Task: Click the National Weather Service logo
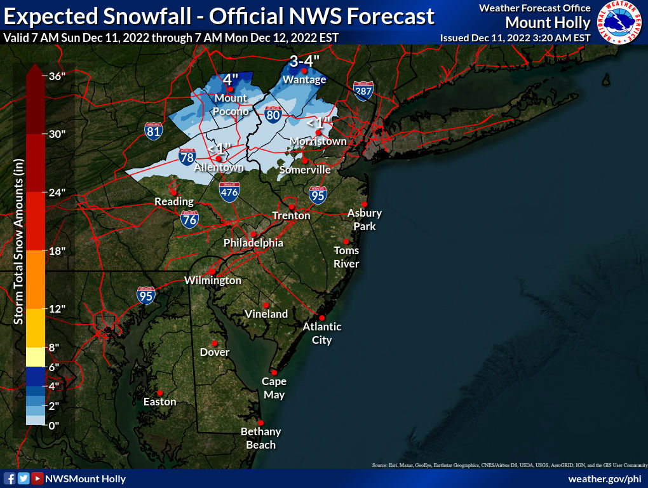coord(621,23)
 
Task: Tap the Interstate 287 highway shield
coord(363,91)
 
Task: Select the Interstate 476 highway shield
coord(229,192)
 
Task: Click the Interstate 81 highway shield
coord(153,131)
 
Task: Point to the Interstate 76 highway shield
coord(189,219)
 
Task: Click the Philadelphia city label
coord(253,243)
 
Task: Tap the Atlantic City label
coord(321,333)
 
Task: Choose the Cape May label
coord(274,388)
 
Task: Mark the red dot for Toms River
coord(346,241)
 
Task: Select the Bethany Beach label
coord(260,438)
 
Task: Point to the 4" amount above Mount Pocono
coord(230,80)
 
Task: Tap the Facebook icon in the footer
coord(10,478)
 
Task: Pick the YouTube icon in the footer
coord(37,478)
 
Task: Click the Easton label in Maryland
coord(159,402)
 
